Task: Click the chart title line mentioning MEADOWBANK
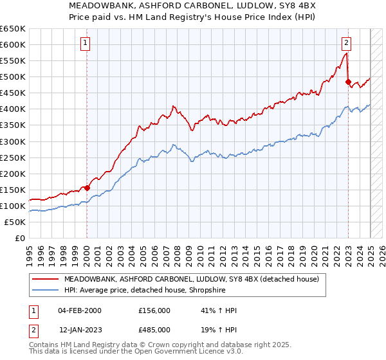(193, 6)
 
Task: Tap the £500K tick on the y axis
(13, 77)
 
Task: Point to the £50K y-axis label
(15, 222)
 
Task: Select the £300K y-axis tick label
(13, 141)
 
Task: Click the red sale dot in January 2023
(348, 82)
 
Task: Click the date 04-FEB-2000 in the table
(80, 310)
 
